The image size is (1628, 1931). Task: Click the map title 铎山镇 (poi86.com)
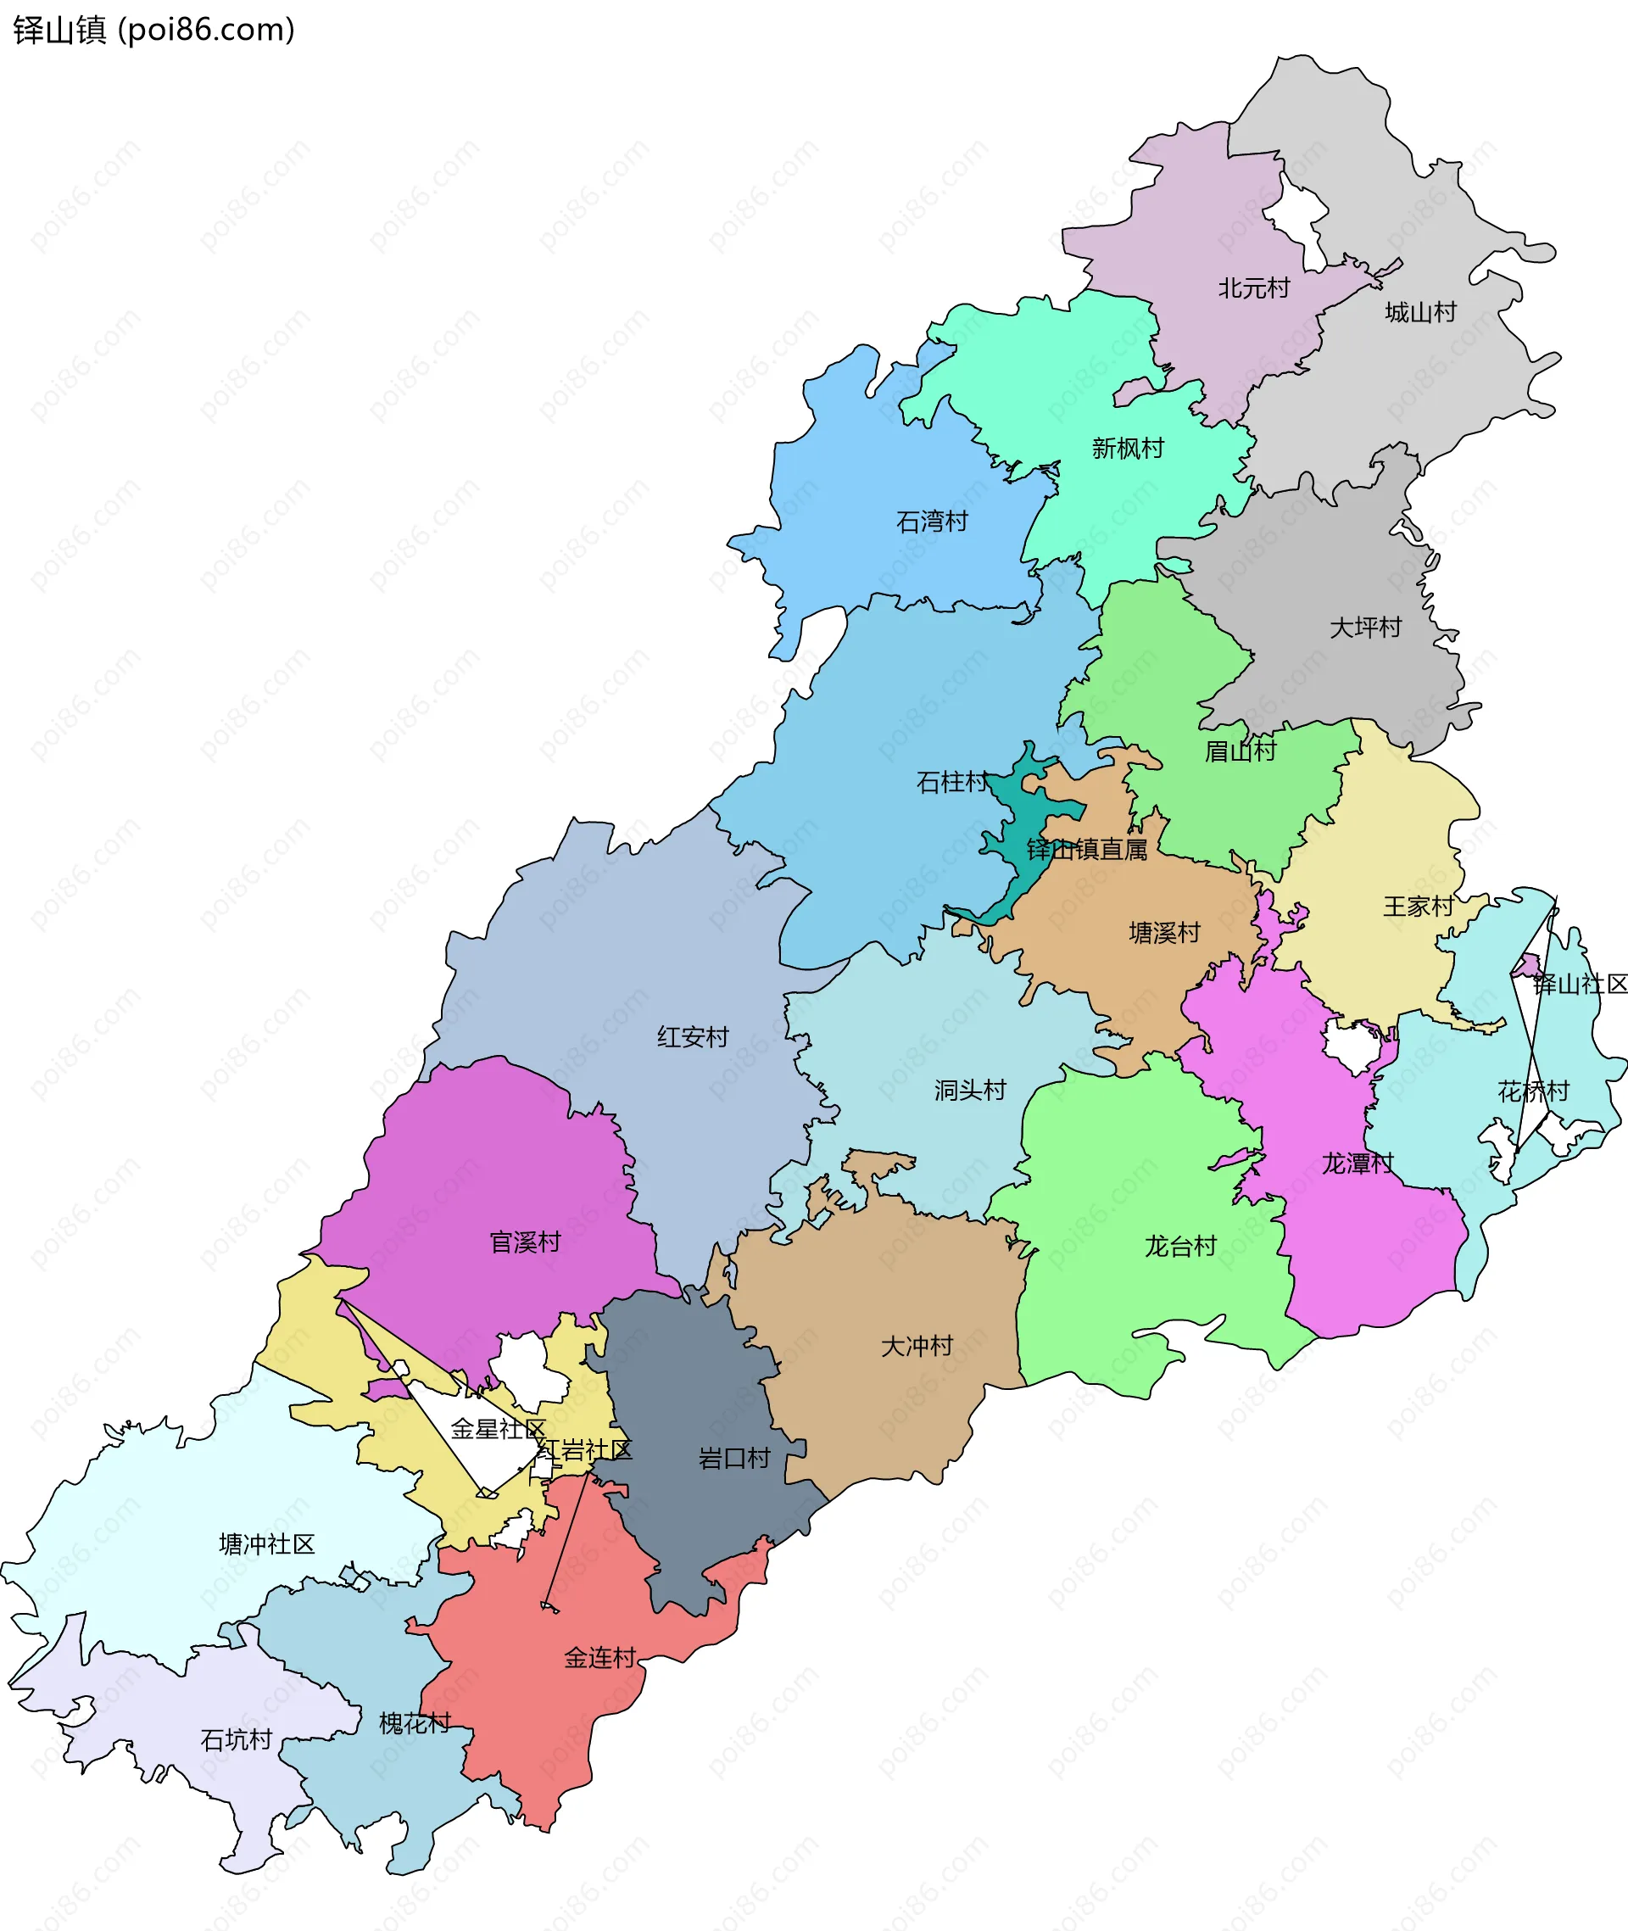[x=154, y=31]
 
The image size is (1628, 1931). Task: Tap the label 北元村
[x=1253, y=289]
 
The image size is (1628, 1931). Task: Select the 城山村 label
[x=1420, y=313]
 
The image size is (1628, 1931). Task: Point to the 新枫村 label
[x=1128, y=449]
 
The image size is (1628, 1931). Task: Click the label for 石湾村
[x=932, y=522]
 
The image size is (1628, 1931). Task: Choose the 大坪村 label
[x=1365, y=628]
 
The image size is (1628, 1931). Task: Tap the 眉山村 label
[x=1241, y=751]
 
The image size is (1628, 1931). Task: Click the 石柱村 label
[x=952, y=783]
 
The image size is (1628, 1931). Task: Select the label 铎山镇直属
[x=1087, y=850]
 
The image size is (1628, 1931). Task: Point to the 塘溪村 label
[x=1165, y=933]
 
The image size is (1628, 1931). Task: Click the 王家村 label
[x=1419, y=907]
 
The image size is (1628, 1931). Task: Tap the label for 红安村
[x=693, y=1037]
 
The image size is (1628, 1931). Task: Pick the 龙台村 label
[x=1180, y=1247]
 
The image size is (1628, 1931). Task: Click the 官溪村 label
[x=525, y=1242]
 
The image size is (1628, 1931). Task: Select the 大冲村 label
[x=917, y=1346]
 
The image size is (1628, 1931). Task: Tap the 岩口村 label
[x=734, y=1459]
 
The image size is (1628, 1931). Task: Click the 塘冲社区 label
[x=267, y=1544]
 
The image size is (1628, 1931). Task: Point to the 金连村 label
[x=599, y=1658]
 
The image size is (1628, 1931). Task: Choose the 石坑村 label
[x=237, y=1740]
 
